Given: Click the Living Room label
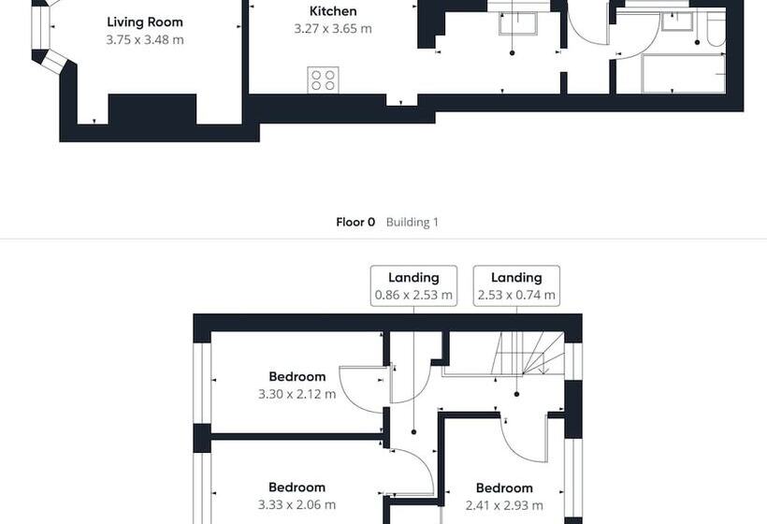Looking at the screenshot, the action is (145, 22).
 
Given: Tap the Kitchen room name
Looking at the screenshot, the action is (333, 11).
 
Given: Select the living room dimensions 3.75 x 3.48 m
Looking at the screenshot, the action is (145, 39).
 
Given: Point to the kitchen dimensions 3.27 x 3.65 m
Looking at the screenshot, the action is (333, 28).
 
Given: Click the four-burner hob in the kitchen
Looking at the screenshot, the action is (323, 80).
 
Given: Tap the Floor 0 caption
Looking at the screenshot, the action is (355, 222).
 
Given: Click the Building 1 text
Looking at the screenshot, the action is (412, 222).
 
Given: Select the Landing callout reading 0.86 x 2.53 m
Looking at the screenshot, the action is (413, 285).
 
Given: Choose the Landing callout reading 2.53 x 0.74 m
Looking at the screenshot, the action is (516, 285).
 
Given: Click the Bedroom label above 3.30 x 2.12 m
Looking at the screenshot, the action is (297, 376).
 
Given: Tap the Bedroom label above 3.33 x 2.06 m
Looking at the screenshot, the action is (297, 487).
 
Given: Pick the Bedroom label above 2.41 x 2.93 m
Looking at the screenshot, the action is (504, 488).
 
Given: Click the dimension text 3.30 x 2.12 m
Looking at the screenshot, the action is (297, 394).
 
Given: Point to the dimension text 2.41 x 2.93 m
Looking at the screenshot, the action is (504, 505).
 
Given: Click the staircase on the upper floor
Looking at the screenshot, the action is (528, 354).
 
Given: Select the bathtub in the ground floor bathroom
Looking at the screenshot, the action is (684, 73).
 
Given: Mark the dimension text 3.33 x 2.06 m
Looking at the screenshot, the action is (297, 504).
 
